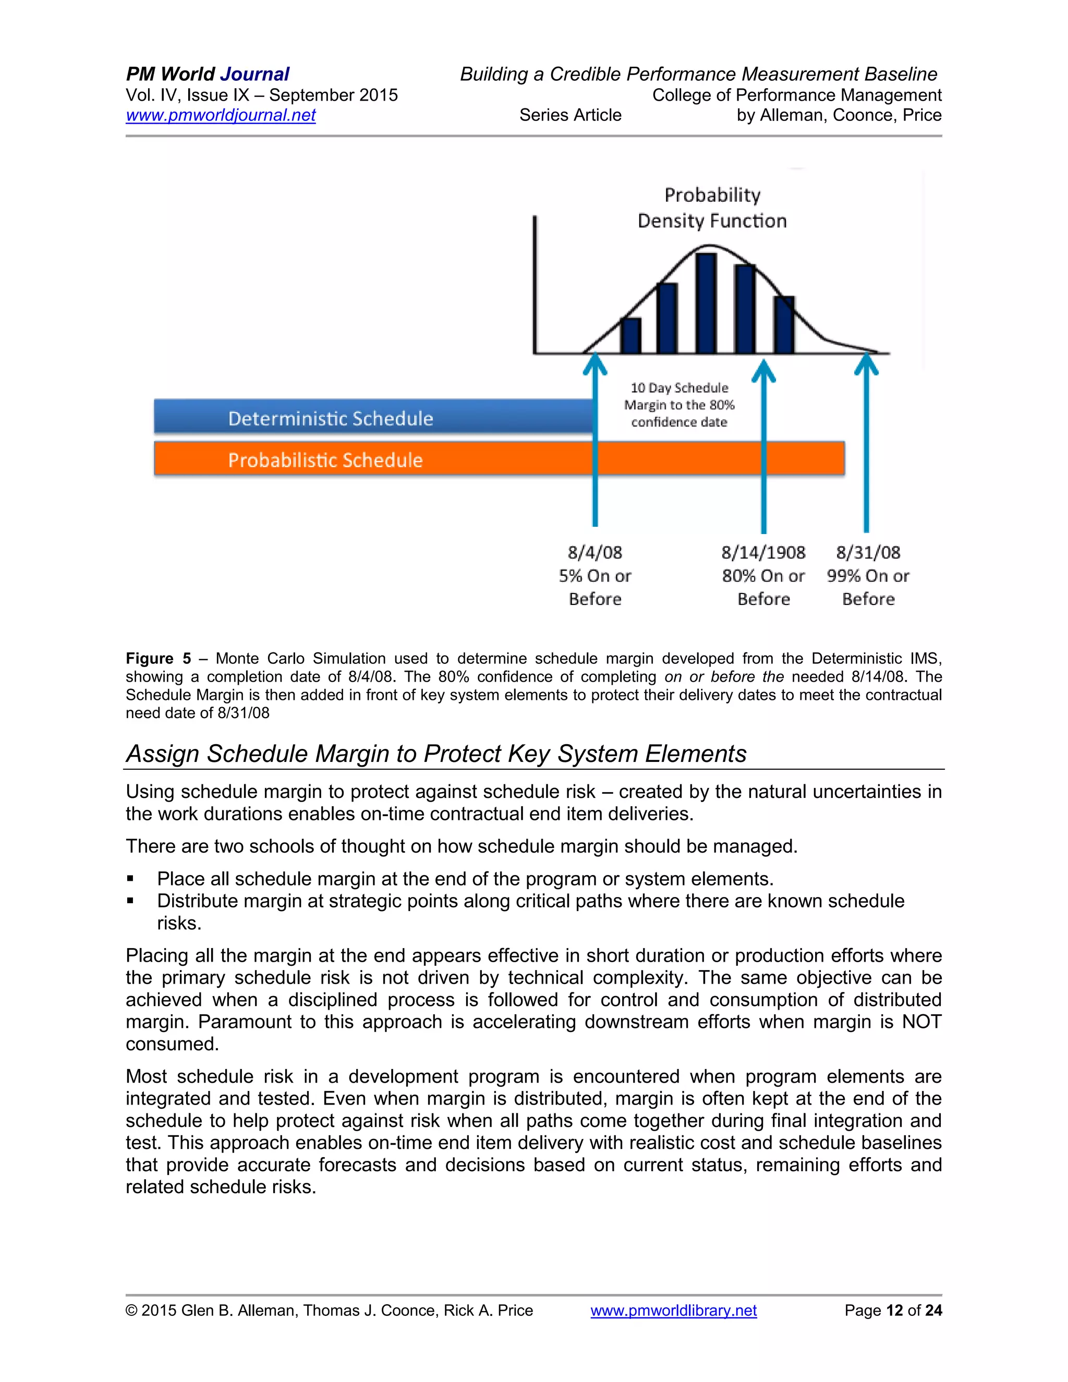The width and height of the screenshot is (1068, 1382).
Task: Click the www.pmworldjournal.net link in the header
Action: tap(220, 115)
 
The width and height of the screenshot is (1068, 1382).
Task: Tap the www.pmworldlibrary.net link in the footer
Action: tap(673, 1310)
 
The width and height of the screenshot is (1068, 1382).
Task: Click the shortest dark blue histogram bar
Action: tap(630, 335)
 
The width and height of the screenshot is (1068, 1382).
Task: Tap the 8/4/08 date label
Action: tap(594, 552)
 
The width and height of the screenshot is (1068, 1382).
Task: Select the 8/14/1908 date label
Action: tap(763, 552)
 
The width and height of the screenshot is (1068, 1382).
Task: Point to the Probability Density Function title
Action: tap(712, 208)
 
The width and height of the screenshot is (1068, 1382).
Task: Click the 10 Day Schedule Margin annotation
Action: tap(679, 405)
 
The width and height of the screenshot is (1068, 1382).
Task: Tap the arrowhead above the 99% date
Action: tap(866, 365)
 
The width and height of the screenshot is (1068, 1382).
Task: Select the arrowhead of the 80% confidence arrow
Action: tap(763, 371)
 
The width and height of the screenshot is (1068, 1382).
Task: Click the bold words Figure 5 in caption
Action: tap(158, 658)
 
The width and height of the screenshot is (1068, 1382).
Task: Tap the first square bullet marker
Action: tap(130, 878)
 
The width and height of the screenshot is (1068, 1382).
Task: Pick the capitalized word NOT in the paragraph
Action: tap(921, 1021)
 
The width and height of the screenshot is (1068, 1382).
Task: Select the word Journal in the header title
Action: tap(255, 74)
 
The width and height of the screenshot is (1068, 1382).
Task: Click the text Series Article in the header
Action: tap(570, 115)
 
